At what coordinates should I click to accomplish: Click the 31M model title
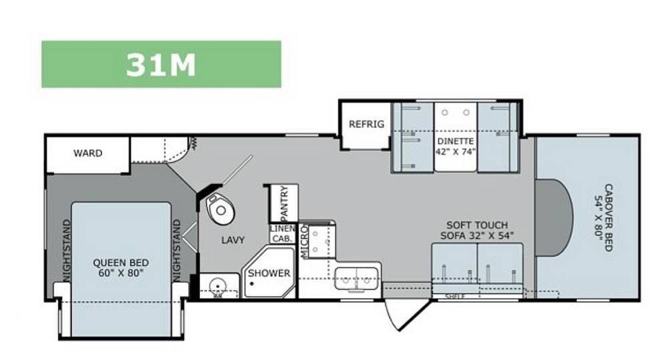[161, 65]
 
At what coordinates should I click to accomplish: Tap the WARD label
[87, 153]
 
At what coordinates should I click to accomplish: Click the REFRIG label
[366, 124]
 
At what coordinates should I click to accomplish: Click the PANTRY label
[284, 203]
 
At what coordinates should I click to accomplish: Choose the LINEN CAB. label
[282, 234]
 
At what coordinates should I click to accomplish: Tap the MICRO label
[303, 241]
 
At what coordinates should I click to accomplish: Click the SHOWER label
[269, 273]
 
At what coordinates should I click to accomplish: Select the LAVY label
[233, 240]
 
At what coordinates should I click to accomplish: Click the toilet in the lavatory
[220, 209]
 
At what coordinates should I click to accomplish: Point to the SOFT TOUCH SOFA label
[477, 230]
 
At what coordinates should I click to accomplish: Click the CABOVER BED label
[604, 217]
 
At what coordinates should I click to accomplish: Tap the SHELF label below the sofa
[455, 296]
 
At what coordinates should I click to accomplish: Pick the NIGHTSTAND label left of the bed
[66, 251]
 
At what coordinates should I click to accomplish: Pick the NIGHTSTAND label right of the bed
[177, 251]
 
